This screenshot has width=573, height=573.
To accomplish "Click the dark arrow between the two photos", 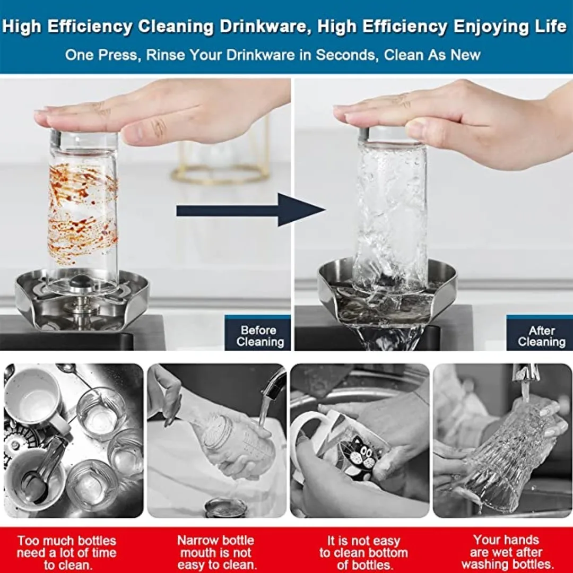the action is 250,210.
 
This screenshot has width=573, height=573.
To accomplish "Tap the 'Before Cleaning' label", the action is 260,336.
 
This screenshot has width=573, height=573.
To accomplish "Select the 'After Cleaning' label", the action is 542,336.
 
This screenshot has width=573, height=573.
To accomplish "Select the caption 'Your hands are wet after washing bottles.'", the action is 506,552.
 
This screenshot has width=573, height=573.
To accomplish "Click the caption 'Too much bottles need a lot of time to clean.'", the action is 66,552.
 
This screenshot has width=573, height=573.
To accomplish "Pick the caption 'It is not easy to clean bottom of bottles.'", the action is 363,552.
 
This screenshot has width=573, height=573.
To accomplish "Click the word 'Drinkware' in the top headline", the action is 266,27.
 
